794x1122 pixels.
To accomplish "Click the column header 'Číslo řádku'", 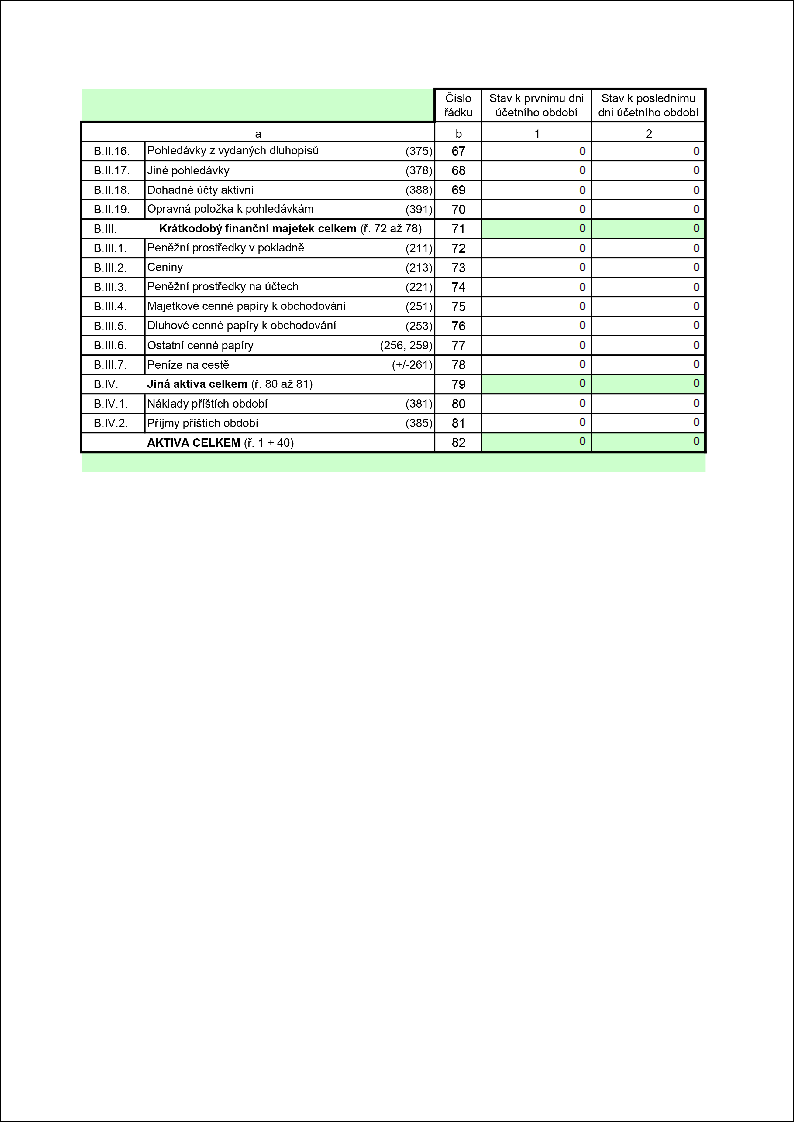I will [458, 105].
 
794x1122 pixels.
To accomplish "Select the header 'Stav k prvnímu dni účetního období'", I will [536, 105].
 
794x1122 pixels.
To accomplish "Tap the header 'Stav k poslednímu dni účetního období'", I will [648, 105].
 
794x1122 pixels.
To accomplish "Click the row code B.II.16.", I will [105, 151].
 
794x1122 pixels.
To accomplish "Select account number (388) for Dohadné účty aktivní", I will [418, 190].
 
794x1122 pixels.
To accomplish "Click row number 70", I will [458, 209].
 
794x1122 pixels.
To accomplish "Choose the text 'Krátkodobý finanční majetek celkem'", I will [258, 229].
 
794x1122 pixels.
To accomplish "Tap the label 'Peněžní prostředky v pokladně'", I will [225, 248].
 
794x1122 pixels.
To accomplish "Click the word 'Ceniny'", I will [165, 267].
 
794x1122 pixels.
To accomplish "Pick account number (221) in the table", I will [418, 287].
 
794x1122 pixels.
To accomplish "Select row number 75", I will [458, 306].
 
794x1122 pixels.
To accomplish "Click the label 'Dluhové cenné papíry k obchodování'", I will [241, 325].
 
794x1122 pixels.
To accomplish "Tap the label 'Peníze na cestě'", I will [188, 364].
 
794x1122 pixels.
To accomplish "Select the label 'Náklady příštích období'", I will [207, 403].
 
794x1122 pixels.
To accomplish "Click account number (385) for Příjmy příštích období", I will [418, 423].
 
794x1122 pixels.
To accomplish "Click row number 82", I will [458, 442].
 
